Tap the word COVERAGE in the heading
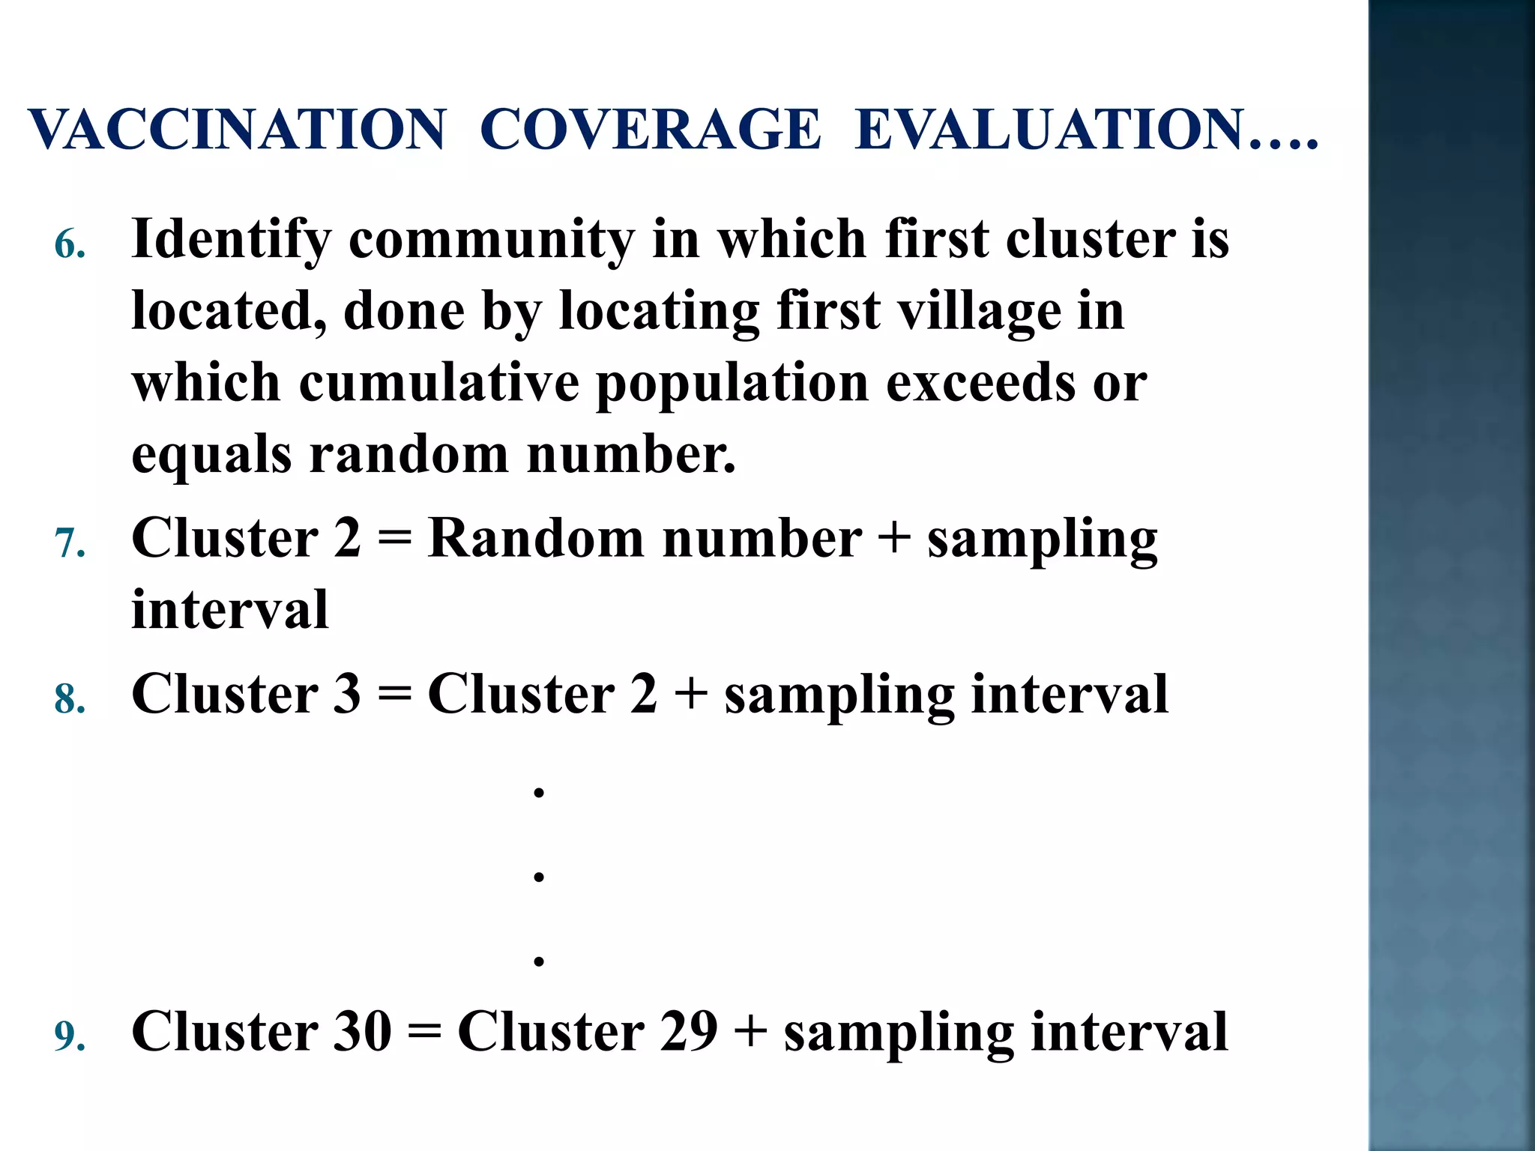click(651, 129)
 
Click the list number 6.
click(69, 245)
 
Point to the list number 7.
click(69, 543)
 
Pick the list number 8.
click(69, 699)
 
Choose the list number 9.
click(69, 1036)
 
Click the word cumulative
click(439, 382)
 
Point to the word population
click(733, 384)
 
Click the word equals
click(211, 456)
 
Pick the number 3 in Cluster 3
click(346, 693)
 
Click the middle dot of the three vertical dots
click(538, 876)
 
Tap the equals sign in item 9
click(424, 1033)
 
